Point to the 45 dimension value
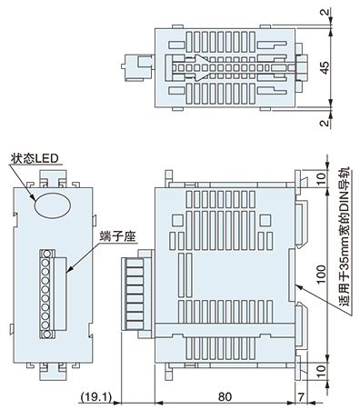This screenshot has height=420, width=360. pyautogui.click(x=325, y=65)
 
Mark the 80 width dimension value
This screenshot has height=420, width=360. pyautogui.click(x=225, y=396)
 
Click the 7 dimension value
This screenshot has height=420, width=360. pyautogui.click(x=301, y=396)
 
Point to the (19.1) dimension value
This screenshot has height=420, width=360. pyautogui.click(x=94, y=396)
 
